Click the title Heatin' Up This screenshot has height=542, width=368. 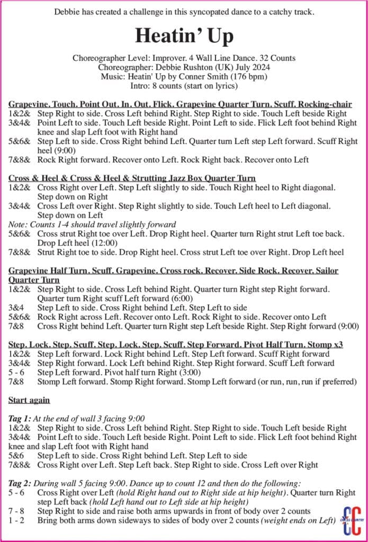click(184, 35)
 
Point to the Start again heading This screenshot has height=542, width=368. click(29, 400)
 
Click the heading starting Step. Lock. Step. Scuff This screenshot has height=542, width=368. click(175, 345)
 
